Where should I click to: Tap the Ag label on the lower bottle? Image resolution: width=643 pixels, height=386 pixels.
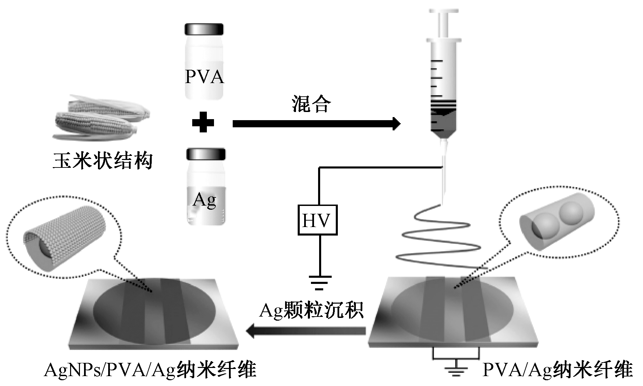[204, 200]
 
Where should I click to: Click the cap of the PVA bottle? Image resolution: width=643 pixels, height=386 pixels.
[204, 29]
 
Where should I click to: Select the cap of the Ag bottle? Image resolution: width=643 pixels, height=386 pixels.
[206, 154]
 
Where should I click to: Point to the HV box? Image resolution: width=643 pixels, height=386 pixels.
[317, 220]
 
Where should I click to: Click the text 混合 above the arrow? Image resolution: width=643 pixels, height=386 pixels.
[311, 104]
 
